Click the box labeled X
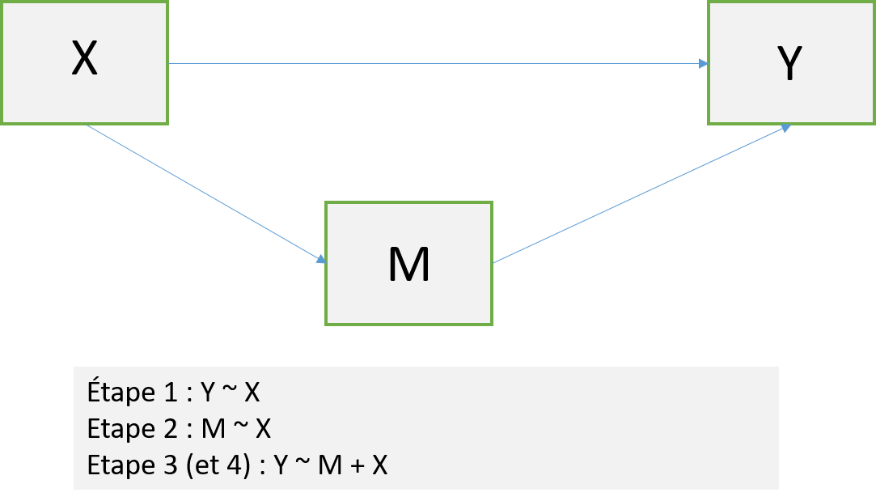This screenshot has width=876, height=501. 84,62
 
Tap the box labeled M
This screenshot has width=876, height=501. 408,263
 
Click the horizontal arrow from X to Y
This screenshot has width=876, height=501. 437,63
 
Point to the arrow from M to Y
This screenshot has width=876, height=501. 639,195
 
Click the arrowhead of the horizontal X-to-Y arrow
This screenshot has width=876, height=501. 704,63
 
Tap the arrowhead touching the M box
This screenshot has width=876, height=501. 320,259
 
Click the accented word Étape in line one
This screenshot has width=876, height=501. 120,393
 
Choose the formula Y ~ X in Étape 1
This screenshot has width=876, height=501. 231,393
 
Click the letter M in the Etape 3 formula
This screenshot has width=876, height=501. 325,466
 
